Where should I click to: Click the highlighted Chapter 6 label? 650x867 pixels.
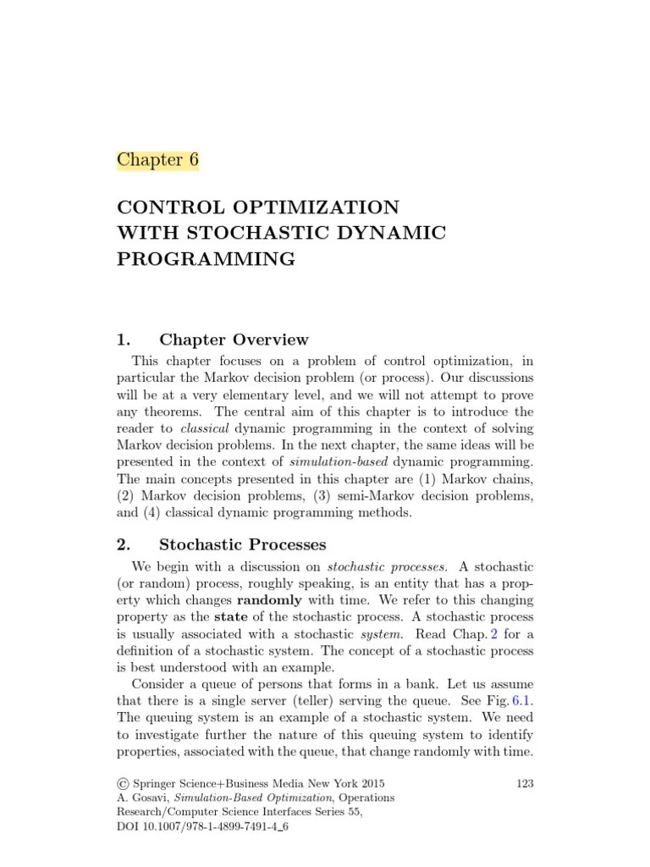(x=157, y=160)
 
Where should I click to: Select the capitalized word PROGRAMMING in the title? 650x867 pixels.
(x=206, y=259)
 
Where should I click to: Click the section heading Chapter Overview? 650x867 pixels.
(x=234, y=340)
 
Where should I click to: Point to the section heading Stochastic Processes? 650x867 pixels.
(x=242, y=544)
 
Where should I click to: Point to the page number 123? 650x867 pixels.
(x=525, y=784)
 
